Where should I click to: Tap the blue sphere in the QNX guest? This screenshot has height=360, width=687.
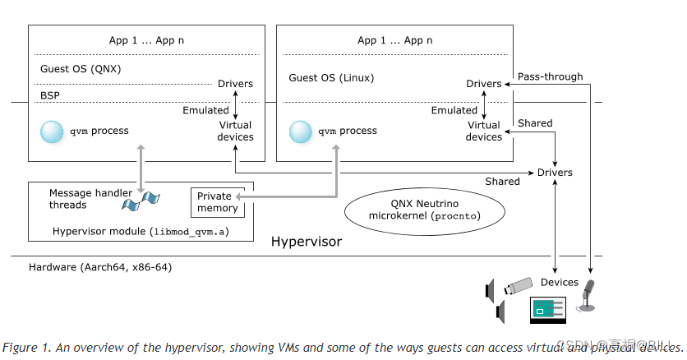tap(52, 131)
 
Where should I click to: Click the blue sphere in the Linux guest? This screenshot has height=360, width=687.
tap(300, 131)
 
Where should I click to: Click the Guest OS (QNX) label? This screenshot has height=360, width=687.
tap(81, 69)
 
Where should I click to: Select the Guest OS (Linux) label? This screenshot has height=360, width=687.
tap(331, 78)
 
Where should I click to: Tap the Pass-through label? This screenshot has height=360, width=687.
tap(550, 76)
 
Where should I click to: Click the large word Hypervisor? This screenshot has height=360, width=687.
tap(306, 242)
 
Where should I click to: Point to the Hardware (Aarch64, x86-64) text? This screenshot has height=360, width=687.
tap(100, 267)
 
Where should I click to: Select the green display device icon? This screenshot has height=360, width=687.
tap(547, 310)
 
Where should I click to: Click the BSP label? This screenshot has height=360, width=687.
tap(49, 95)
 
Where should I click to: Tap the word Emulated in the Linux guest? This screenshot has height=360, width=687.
tap(454, 110)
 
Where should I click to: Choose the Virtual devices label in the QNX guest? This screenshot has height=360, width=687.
tap(235, 131)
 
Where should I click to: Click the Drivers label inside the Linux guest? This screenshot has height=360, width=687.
tap(483, 84)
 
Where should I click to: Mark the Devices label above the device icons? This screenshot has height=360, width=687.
tap(559, 282)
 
